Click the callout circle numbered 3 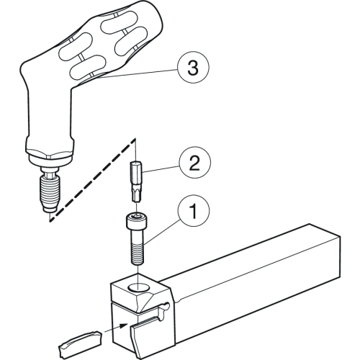click(x=193, y=68)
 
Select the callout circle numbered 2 click(x=195, y=163)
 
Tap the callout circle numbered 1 click(x=194, y=210)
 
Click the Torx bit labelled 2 click(x=136, y=181)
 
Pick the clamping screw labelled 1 click(x=137, y=238)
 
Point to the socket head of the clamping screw click(x=137, y=221)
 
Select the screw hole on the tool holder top click(x=139, y=287)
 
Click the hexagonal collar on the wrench click(x=49, y=153)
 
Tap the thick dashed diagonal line click(x=92, y=180)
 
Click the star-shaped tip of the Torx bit click(x=136, y=195)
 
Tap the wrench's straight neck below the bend click(x=50, y=113)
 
